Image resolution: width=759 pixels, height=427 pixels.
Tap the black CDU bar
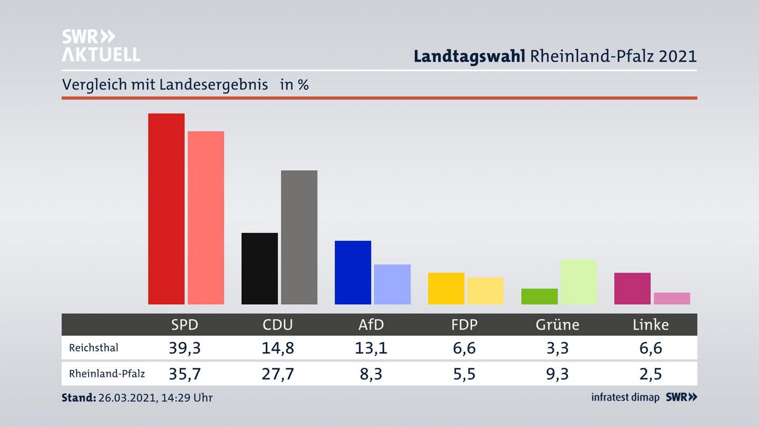(259, 268)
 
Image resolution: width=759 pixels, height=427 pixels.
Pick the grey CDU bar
(299, 237)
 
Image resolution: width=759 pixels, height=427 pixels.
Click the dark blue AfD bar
(353, 273)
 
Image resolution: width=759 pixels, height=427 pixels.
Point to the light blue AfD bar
(392, 284)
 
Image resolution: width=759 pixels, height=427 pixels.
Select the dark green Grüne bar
(539, 296)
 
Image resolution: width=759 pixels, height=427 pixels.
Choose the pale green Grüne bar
(578, 282)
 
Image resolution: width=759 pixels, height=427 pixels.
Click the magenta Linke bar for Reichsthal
(632, 288)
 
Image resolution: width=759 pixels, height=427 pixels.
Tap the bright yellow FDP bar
(446, 288)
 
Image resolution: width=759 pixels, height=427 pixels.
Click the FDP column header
(464, 325)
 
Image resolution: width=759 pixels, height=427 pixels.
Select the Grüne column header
(557, 325)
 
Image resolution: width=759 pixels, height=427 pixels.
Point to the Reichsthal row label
(93, 348)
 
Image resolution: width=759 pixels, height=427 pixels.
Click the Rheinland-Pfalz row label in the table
(106, 374)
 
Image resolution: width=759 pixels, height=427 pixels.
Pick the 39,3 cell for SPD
(184, 348)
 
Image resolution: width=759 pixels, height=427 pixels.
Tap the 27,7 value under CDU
(278, 374)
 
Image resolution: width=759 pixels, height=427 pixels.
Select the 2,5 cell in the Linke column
(650, 374)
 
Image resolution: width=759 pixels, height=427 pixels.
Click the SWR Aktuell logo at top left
(101, 45)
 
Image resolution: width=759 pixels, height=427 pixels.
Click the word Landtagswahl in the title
(469, 56)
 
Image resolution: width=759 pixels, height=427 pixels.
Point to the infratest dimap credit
(625, 397)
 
